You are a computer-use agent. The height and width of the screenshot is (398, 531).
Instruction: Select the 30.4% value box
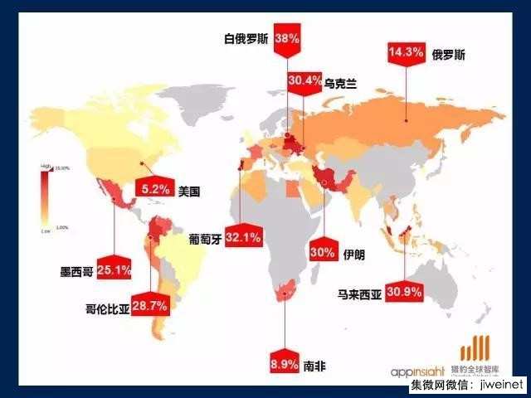(304, 81)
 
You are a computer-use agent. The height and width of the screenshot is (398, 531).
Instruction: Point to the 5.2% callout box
(155, 190)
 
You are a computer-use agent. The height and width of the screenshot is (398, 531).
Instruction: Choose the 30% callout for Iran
(323, 254)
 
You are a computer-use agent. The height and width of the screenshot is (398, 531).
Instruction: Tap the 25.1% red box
(113, 269)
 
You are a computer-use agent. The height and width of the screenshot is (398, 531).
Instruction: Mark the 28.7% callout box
(150, 306)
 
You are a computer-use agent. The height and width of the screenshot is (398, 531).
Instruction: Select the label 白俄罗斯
(247, 39)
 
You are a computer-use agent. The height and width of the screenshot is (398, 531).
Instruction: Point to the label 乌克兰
(340, 82)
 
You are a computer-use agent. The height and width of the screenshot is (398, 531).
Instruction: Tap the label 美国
(190, 191)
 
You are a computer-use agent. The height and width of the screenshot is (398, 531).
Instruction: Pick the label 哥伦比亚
(107, 307)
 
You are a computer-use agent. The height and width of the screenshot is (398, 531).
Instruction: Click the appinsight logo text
(423, 371)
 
